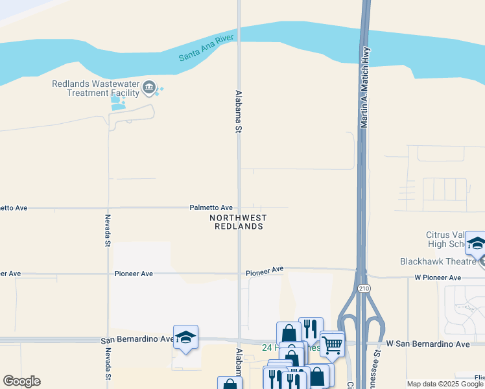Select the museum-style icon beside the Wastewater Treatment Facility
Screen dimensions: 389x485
(150, 88)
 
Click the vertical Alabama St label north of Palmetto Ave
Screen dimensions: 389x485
(239, 112)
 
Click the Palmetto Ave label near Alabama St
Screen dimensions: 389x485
(211, 207)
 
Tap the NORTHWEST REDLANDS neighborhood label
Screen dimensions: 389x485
(237, 222)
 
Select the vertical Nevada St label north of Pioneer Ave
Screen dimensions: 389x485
(108, 230)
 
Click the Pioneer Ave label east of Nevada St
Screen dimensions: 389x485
(134, 274)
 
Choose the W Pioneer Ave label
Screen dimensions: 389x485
(438, 277)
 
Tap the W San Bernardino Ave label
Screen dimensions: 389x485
(427, 343)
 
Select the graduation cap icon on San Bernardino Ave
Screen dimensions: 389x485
(185, 337)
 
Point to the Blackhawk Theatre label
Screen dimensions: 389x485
(438, 261)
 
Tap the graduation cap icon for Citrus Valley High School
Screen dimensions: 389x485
(476, 244)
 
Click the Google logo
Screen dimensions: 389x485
(21, 381)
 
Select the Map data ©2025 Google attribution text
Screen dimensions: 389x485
(445, 384)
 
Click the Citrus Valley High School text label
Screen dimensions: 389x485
(447, 239)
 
